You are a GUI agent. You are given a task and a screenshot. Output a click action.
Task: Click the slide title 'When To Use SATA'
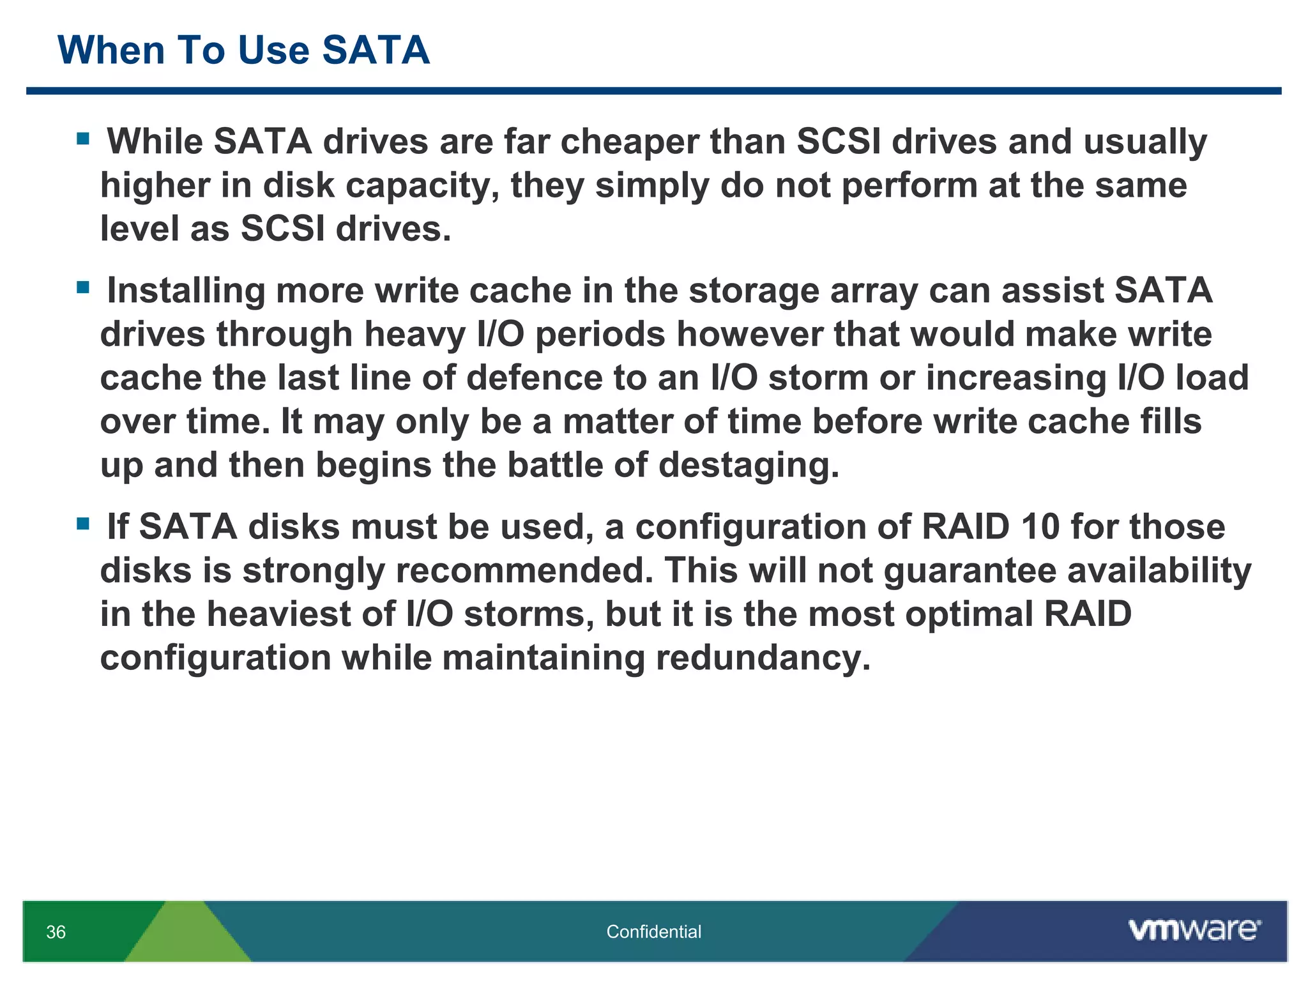[243, 50]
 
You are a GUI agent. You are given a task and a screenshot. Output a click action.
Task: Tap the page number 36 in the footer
[56, 932]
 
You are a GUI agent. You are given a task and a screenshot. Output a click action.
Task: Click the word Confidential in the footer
[653, 932]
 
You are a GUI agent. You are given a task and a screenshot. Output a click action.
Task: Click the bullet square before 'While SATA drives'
[82, 139]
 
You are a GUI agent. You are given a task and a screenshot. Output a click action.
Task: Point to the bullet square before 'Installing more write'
[82, 287]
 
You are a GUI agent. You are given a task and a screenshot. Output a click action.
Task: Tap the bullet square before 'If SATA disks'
[82, 524]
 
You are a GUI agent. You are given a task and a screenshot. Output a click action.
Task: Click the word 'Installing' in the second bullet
[186, 291]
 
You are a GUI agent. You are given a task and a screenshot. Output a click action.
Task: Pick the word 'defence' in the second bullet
[535, 377]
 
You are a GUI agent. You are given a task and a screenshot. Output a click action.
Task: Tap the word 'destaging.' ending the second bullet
[749, 465]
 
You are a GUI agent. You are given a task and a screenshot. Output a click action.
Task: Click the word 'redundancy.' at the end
[763, 658]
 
